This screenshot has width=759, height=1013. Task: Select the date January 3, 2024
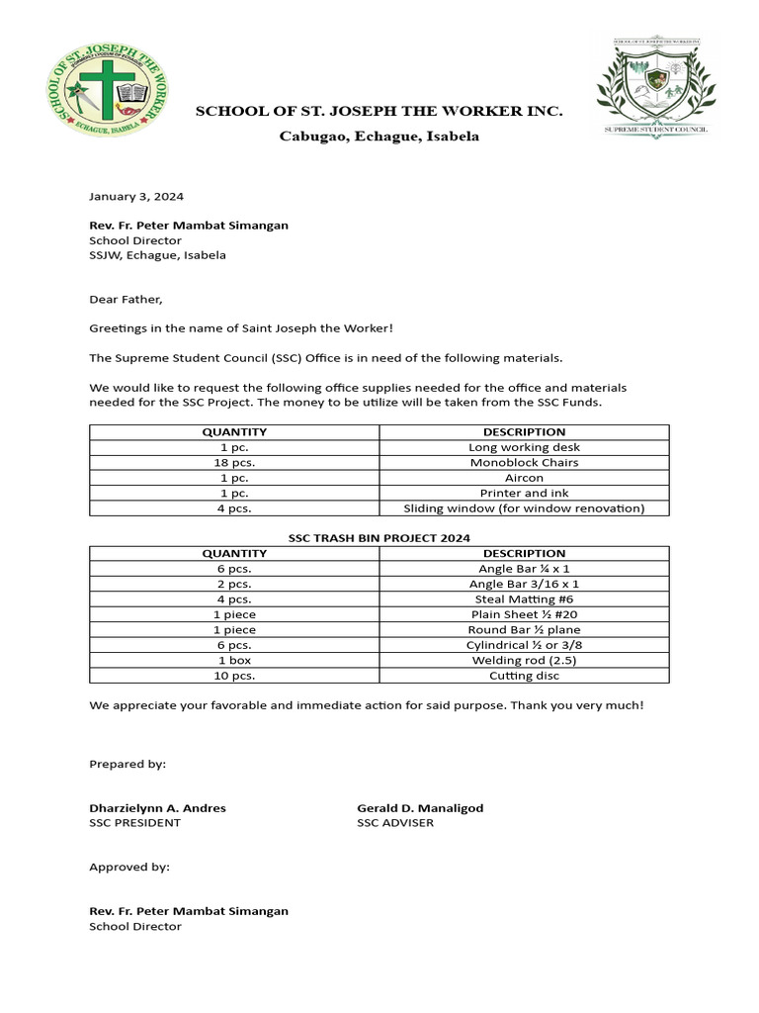[x=136, y=196]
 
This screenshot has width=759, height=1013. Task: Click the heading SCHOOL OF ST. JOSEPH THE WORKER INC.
[x=379, y=112]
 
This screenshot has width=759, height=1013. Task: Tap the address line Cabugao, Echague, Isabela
[x=379, y=137]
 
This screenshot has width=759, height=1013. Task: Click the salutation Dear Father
[x=126, y=299]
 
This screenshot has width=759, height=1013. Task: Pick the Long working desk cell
[x=524, y=447]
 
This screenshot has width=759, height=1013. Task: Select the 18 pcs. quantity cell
[x=234, y=462]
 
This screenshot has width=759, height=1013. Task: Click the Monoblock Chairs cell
[x=524, y=462]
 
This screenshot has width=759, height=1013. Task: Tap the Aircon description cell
[x=524, y=478]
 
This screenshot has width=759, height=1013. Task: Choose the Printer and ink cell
[x=524, y=493]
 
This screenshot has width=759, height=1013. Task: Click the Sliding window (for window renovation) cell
[x=524, y=508]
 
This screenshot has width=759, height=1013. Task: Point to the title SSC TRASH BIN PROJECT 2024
[x=379, y=537]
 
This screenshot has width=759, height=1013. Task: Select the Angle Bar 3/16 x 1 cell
[x=524, y=584]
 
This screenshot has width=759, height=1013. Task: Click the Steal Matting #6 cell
[x=524, y=599]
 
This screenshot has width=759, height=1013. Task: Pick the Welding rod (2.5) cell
[x=524, y=660]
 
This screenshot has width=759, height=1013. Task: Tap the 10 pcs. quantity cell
[x=234, y=676]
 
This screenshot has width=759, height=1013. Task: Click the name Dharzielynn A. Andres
[x=157, y=807]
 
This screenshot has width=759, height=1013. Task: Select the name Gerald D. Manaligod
[x=420, y=807]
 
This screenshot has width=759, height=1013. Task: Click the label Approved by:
[x=129, y=867]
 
